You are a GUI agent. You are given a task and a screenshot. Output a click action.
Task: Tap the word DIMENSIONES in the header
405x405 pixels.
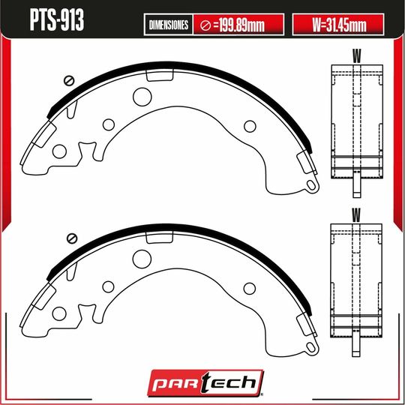click(x=169, y=25)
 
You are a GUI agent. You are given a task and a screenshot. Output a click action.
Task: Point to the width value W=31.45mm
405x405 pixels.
click(x=337, y=25)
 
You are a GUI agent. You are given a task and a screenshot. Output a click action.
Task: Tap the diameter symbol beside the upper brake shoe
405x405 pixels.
click(x=70, y=81)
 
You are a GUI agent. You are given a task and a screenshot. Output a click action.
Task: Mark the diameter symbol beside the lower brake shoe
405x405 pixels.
click(x=72, y=239)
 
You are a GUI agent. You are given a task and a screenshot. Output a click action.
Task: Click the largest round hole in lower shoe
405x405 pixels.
click(x=142, y=257)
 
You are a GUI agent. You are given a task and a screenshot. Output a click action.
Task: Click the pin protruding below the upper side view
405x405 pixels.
click(x=356, y=182)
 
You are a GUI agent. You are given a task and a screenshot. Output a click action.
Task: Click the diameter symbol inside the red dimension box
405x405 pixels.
click(x=205, y=25)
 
